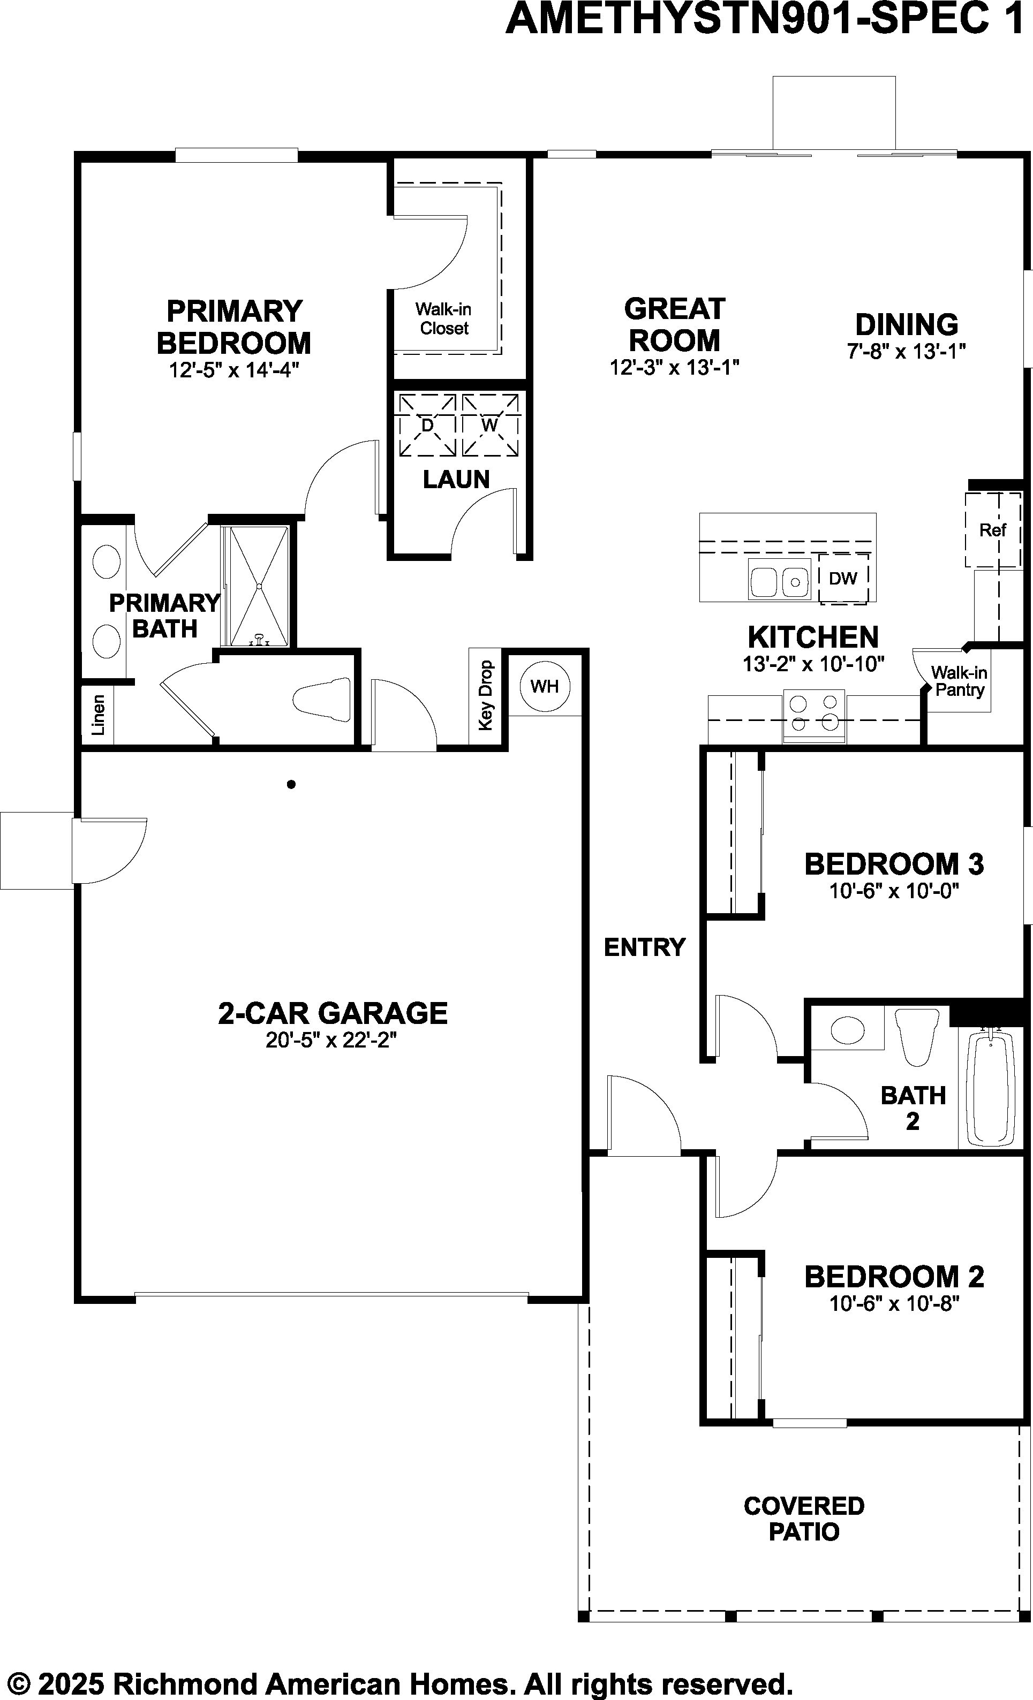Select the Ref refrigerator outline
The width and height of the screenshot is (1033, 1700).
click(x=992, y=530)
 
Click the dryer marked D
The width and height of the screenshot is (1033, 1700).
click(x=427, y=425)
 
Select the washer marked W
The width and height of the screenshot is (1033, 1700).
click(x=490, y=425)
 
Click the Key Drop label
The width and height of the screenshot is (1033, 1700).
click(x=486, y=695)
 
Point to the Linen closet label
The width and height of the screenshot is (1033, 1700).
click(x=98, y=715)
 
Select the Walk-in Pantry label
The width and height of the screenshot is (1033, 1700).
click(x=959, y=681)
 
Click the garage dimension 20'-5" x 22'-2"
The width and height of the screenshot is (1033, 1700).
click(x=331, y=1039)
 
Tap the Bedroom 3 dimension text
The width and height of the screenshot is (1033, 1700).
click(x=894, y=891)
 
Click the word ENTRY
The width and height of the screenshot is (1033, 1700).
click(x=645, y=947)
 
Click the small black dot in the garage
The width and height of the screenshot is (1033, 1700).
click(x=291, y=784)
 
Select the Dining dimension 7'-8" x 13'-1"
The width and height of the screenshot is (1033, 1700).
click(x=906, y=351)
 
